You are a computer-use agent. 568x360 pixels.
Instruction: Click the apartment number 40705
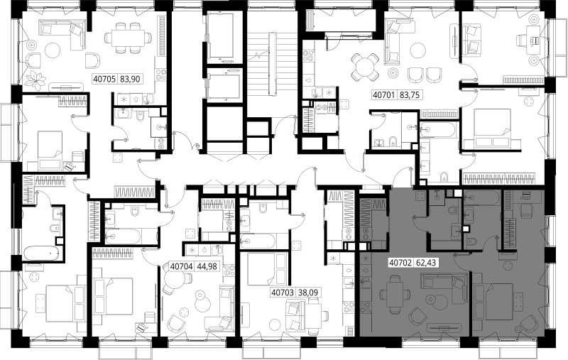(x=104, y=79)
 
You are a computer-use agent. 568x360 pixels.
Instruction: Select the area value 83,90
(x=130, y=79)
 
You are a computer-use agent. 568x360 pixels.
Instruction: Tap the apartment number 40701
(x=384, y=95)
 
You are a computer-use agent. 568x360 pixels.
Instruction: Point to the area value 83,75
(x=410, y=95)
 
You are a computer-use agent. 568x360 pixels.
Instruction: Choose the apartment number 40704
(x=182, y=266)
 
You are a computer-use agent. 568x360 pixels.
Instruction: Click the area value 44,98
(x=207, y=266)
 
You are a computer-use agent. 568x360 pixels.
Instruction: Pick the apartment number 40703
(x=282, y=292)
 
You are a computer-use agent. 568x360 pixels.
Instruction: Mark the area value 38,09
(x=307, y=292)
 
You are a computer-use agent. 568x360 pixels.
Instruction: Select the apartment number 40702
(x=400, y=262)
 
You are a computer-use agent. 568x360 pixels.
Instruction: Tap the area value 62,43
(x=425, y=262)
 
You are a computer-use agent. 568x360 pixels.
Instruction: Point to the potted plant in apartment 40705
(x=36, y=80)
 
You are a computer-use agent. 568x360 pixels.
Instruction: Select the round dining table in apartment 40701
(x=365, y=67)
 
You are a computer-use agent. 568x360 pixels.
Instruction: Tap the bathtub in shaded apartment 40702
(x=482, y=197)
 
